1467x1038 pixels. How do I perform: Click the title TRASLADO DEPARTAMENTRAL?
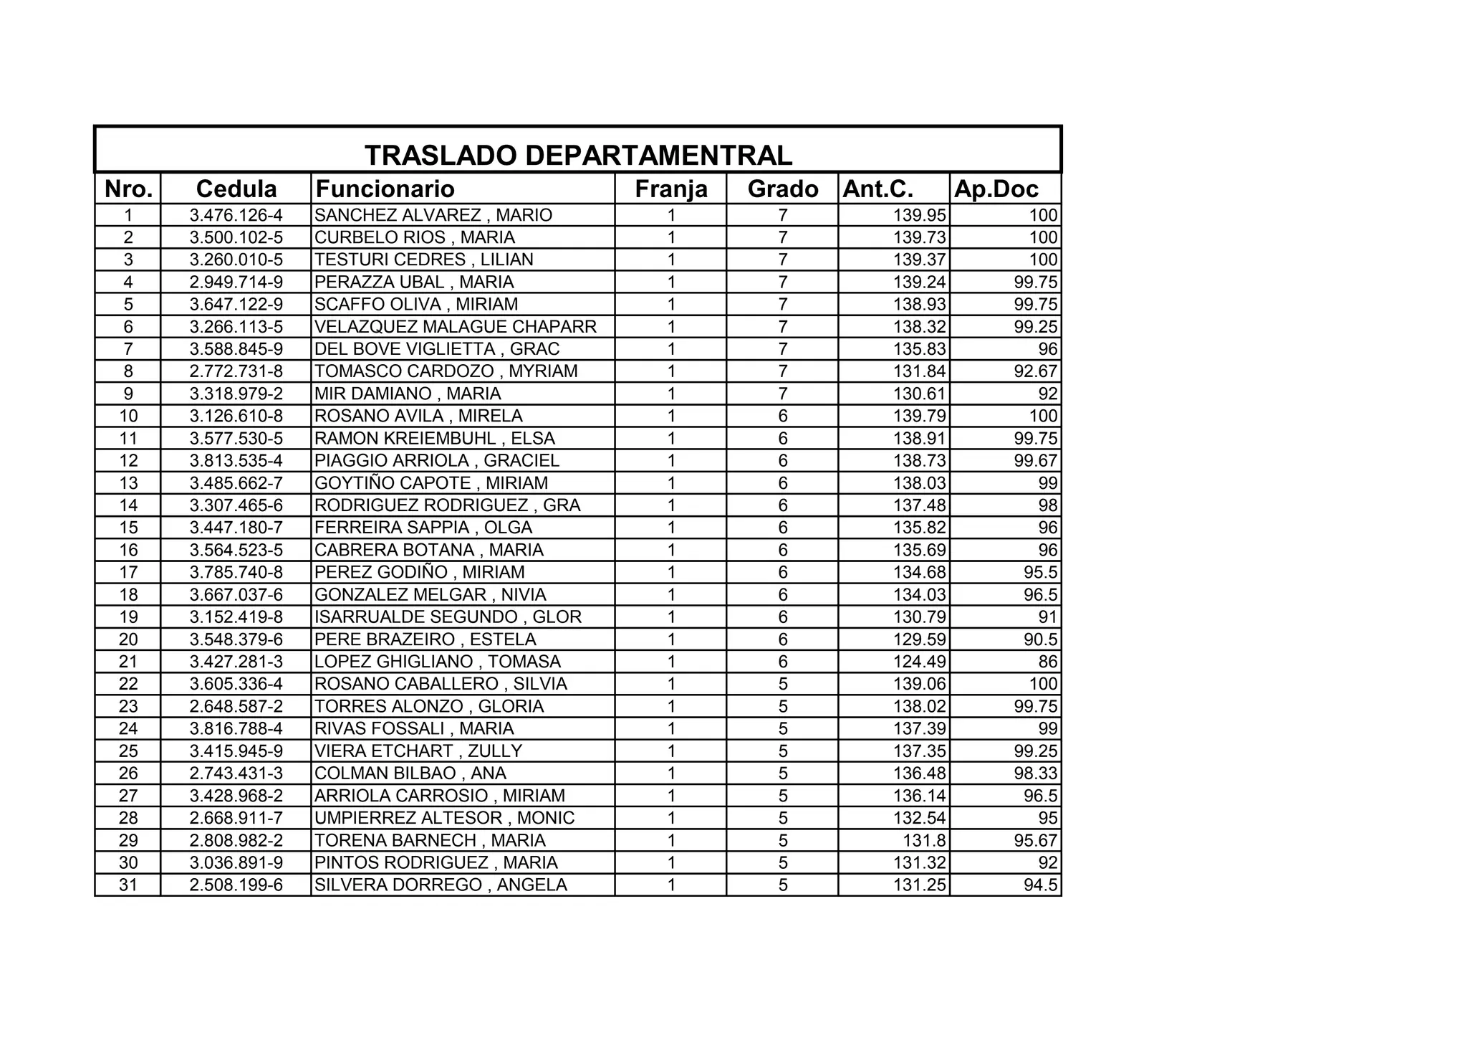[578, 155]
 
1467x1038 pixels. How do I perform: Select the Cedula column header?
[236, 189]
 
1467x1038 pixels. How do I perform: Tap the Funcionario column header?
[385, 189]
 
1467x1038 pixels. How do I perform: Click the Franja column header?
[670, 189]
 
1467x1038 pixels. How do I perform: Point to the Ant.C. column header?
[878, 189]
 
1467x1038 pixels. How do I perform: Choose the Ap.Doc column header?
[996, 189]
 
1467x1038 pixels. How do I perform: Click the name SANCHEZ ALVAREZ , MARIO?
[433, 215]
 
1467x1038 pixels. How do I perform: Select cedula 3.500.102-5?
[236, 237]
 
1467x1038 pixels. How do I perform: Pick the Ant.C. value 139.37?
[919, 259]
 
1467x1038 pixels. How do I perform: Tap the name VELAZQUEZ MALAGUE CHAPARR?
[456, 327]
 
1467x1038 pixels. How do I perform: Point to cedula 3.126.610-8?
[236, 416]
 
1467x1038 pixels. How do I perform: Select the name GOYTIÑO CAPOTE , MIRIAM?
[431, 483]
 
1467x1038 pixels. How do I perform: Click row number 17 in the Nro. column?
[128, 572]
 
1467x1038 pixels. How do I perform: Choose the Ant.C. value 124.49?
[919, 662]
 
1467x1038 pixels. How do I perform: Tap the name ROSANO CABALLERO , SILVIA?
[441, 684]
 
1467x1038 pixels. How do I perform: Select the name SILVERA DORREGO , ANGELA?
[441, 885]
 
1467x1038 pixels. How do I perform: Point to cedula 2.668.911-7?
[236, 818]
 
